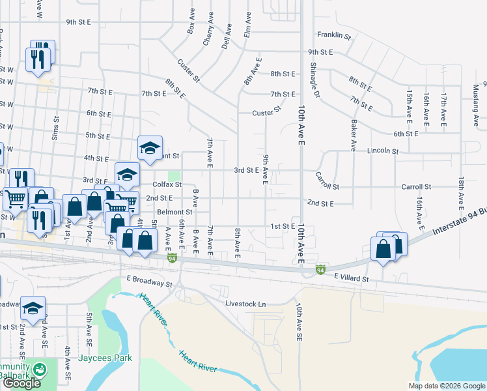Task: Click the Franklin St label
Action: pos(334,35)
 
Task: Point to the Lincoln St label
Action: pos(382,151)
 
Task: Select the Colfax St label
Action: pos(167,184)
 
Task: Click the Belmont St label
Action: pos(174,212)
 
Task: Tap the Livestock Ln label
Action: pos(245,304)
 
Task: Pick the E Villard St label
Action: pos(352,278)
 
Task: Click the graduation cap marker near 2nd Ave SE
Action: pos(33,307)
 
